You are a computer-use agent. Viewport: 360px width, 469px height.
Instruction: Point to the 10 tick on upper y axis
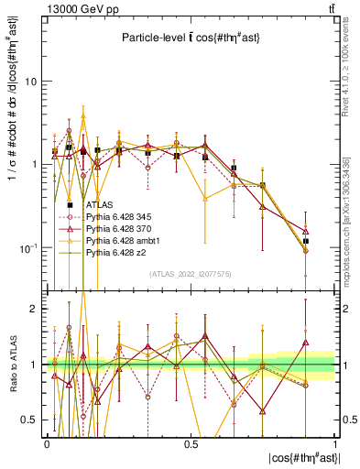coord(30,81)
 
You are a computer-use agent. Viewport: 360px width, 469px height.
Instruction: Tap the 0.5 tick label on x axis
coord(191,444)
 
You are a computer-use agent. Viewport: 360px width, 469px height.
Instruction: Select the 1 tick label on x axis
coord(334,444)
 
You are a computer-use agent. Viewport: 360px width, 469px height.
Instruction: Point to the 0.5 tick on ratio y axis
coord(30,420)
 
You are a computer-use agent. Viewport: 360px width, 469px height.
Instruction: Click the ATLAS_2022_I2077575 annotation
coord(191,274)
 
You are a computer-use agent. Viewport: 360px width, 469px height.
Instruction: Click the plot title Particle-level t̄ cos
coord(190,38)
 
